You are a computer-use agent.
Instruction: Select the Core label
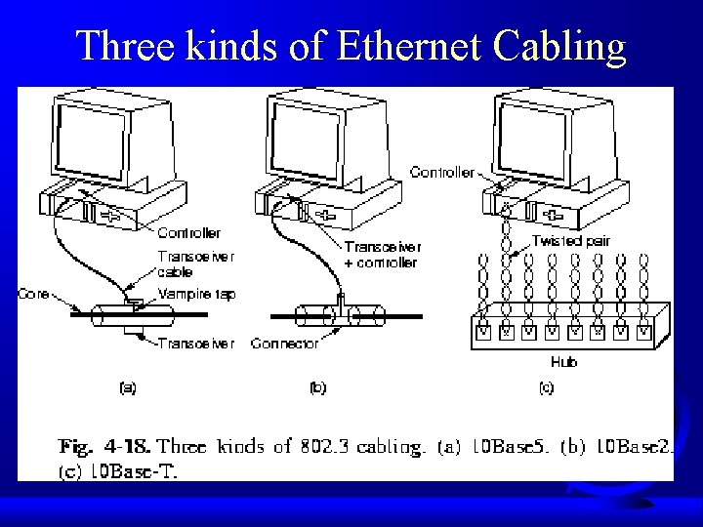[34, 294]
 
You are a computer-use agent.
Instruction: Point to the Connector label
[285, 344]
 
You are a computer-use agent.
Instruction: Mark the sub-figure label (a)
[127, 387]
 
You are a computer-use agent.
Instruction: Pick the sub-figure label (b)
[317, 387]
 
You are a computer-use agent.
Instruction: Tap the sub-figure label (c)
[547, 387]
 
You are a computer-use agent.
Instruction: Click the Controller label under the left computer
[188, 232]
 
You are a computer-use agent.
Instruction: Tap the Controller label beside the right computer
[442, 173]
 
